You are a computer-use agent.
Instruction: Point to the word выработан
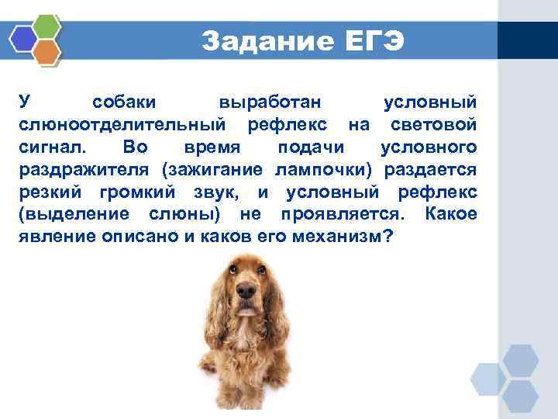(272, 102)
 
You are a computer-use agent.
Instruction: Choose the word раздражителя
(85, 169)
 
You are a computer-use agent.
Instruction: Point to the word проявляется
(346, 214)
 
